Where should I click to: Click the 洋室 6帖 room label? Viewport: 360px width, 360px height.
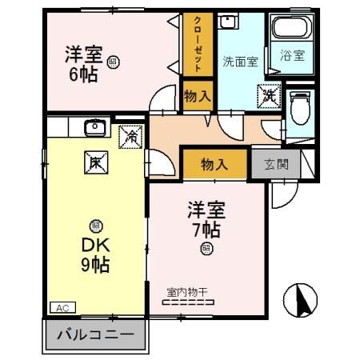pyautogui.click(x=84, y=64)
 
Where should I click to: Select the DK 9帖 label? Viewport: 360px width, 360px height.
pyautogui.click(x=95, y=254)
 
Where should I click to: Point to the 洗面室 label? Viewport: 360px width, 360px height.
pyautogui.click(x=240, y=62)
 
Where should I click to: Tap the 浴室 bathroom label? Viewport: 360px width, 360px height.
pyautogui.click(x=291, y=56)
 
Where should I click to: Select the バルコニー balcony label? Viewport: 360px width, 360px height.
pyautogui.click(x=95, y=334)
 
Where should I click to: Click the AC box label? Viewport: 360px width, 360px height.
pyautogui.click(x=61, y=307)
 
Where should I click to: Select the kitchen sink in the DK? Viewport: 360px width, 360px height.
pyautogui.click(x=94, y=126)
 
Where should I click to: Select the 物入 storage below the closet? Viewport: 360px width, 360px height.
pyautogui.click(x=198, y=95)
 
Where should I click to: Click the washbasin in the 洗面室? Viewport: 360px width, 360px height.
pyautogui.click(x=229, y=22)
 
